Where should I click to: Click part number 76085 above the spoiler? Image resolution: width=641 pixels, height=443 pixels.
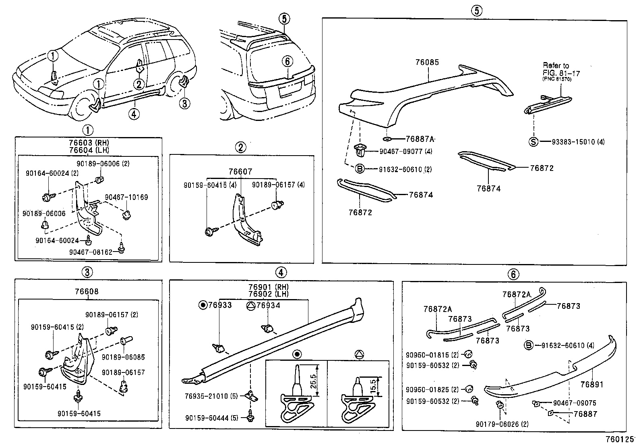(x=427, y=62)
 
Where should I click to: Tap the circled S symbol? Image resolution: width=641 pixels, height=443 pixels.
(x=533, y=142)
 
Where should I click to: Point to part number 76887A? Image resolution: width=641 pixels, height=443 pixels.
(x=420, y=139)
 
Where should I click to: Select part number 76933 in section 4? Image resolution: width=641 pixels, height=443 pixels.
(x=220, y=305)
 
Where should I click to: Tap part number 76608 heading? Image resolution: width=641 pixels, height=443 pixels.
(x=86, y=291)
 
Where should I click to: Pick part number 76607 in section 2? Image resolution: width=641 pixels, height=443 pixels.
(x=240, y=172)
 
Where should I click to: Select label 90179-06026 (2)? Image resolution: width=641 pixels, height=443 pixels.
(x=502, y=424)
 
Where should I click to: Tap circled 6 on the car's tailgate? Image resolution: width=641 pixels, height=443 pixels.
(x=287, y=61)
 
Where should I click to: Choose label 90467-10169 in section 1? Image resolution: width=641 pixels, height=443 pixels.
(x=126, y=198)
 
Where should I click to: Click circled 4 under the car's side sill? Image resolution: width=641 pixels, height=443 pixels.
(x=134, y=114)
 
